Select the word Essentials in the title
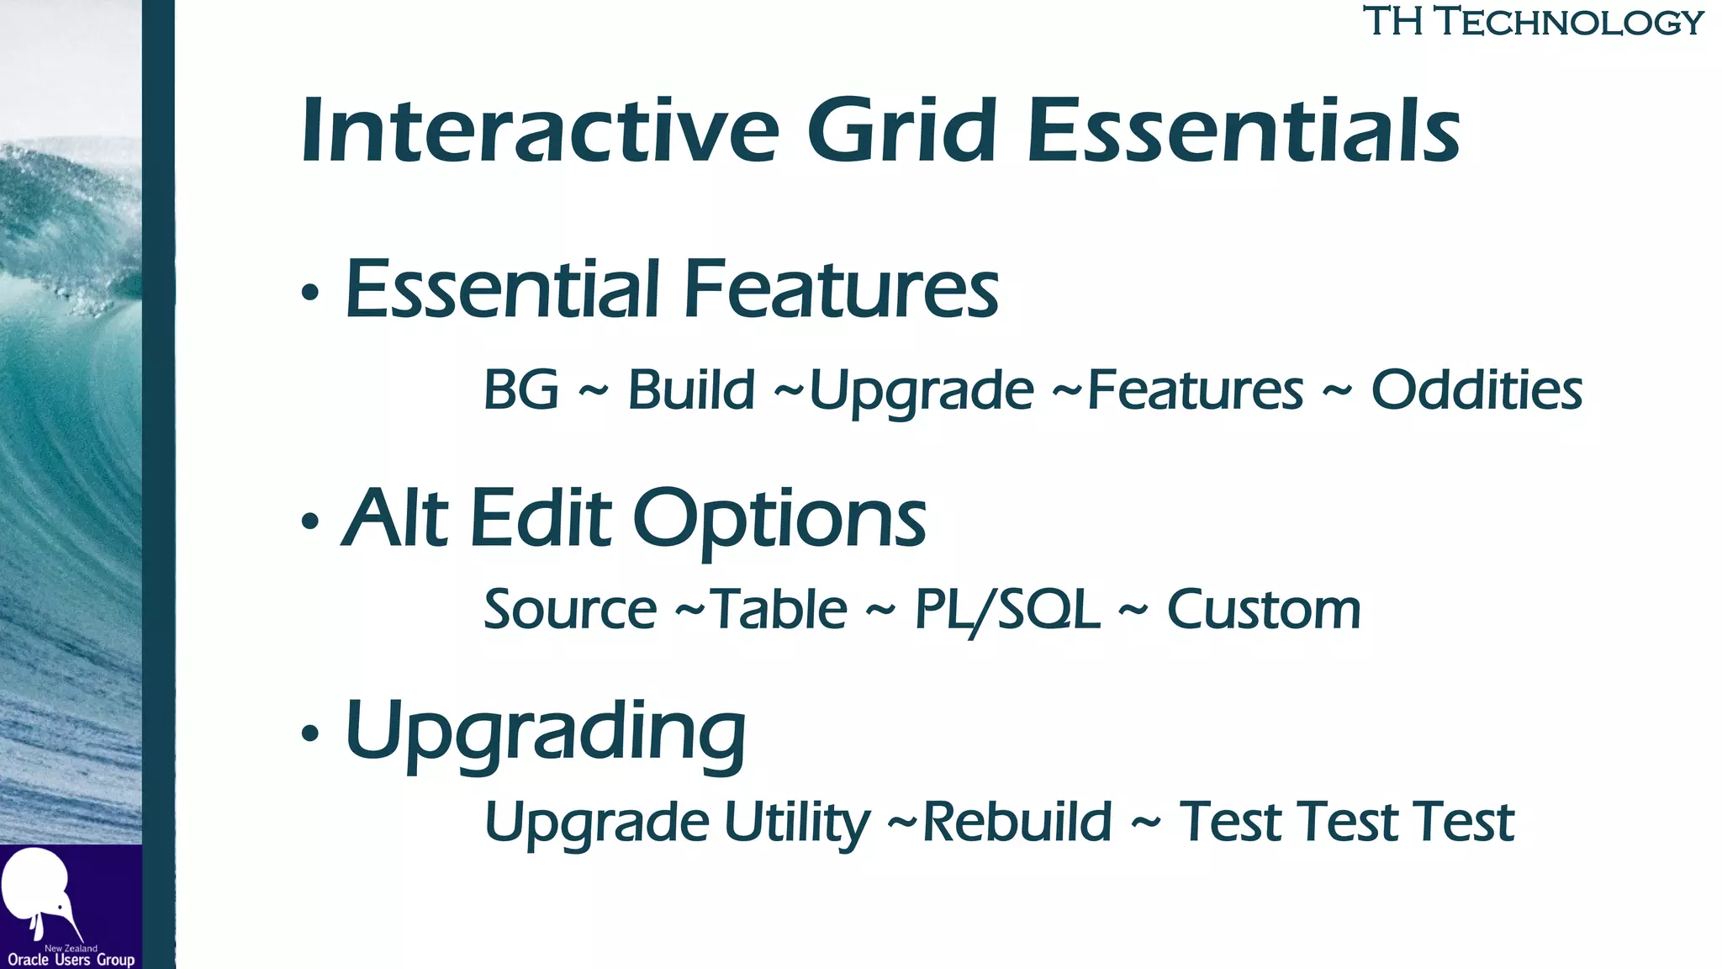[x=1244, y=131]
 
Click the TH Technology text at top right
[x=1533, y=22]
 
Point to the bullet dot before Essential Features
[x=310, y=293]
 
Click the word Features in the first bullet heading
[x=841, y=289]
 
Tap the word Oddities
[x=1476, y=390]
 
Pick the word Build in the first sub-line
[x=691, y=390]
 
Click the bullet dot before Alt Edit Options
[x=310, y=522]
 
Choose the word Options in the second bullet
[x=779, y=520]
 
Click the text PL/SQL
[x=1006, y=609]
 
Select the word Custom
[x=1263, y=609]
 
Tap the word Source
[x=570, y=609]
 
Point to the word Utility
[x=796, y=823]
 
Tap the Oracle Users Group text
[x=71, y=960]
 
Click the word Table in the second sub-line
[x=779, y=609]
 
